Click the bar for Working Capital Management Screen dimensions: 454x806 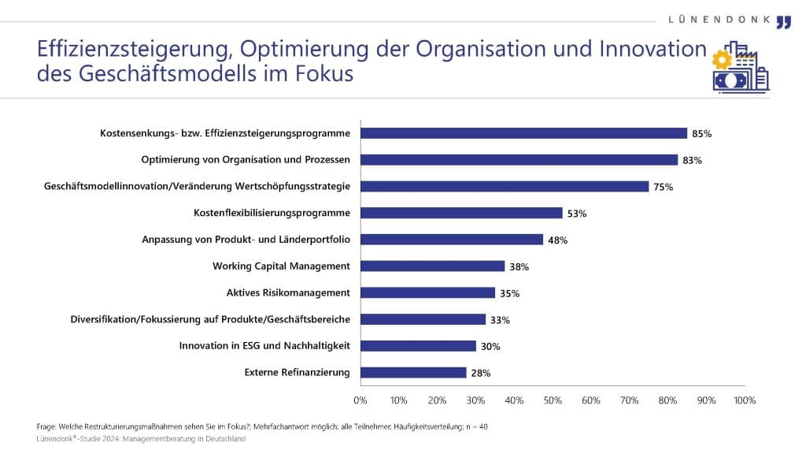[x=433, y=266]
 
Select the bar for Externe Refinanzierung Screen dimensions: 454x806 [x=413, y=373]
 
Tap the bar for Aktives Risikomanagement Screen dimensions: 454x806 [x=427, y=292]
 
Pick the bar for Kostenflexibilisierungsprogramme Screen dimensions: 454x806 [x=461, y=213]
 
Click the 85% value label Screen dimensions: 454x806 [x=701, y=134]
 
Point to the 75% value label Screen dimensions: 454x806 [x=664, y=187]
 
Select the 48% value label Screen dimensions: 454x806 [x=558, y=240]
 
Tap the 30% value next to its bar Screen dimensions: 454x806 [x=491, y=346]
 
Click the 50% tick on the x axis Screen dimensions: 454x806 [x=553, y=400]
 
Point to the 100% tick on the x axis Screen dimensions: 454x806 [x=744, y=400]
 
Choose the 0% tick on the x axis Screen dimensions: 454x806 [x=360, y=400]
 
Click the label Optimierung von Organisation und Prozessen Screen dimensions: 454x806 [x=246, y=160]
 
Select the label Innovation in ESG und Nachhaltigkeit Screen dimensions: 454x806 [x=264, y=346]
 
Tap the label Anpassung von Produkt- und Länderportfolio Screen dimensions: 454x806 [x=246, y=240]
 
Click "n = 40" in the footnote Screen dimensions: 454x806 [x=475, y=426]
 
